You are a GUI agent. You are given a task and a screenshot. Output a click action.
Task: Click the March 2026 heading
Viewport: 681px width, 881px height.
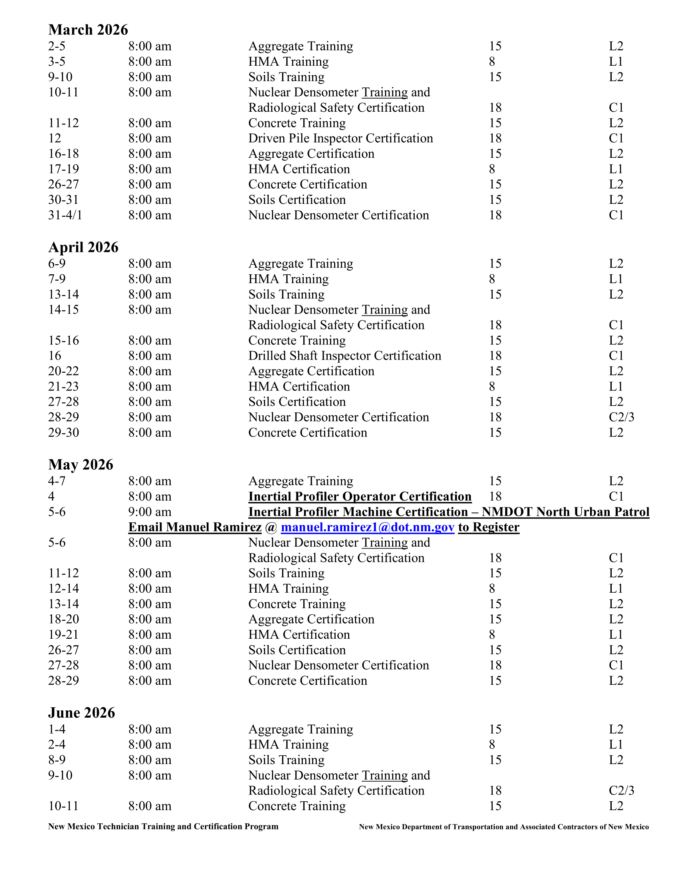[88, 30]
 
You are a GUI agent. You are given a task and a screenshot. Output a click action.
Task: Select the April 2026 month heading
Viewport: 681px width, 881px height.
[83, 247]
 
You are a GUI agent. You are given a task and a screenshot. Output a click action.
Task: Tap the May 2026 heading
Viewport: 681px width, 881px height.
[81, 465]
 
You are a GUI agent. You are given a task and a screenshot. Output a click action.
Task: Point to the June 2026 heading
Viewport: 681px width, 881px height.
[81, 713]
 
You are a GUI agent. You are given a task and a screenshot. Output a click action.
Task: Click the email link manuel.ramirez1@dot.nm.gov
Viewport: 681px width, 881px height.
[367, 527]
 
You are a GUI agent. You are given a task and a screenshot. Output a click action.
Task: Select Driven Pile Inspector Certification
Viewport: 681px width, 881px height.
[340, 139]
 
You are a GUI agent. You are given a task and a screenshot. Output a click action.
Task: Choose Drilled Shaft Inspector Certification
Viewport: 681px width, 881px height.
[345, 356]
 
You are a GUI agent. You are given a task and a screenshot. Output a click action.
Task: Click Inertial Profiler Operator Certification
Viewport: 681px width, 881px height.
[360, 497]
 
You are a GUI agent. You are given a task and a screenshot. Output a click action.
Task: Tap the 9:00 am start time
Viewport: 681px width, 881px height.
[150, 512]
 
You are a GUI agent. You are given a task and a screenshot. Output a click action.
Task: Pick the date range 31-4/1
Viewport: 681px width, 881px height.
[65, 215]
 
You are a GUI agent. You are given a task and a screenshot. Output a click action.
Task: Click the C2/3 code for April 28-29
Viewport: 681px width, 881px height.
[621, 417]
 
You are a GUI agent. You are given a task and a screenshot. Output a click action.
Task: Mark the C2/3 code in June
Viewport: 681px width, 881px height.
[621, 790]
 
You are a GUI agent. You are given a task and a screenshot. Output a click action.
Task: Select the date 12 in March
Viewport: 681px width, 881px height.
[54, 139]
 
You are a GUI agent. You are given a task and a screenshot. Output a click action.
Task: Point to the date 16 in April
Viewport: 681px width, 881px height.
[54, 356]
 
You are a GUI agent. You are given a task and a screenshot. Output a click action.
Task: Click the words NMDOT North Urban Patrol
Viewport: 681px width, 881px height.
[566, 512]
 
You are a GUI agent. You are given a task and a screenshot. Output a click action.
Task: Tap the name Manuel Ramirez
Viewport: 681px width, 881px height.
[195, 527]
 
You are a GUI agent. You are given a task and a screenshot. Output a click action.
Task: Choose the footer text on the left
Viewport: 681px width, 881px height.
[163, 827]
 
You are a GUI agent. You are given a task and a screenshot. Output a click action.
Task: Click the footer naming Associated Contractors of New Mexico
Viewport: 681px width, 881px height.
[504, 827]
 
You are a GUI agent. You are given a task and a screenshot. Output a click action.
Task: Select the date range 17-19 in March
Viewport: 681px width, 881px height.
[63, 169]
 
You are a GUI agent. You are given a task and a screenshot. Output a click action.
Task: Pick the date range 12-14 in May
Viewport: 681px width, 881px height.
[63, 589]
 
